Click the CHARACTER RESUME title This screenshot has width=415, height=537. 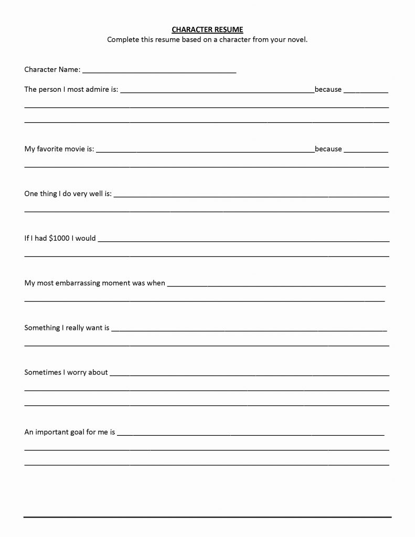click(x=207, y=30)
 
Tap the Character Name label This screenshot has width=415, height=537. click(x=52, y=69)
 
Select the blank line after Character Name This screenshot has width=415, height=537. click(x=159, y=71)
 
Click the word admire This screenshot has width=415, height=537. click(x=98, y=89)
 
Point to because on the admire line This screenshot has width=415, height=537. click(x=328, y=89)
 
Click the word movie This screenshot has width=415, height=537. click(x=71, y=149)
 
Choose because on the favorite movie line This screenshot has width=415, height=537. click(x=328, y=149)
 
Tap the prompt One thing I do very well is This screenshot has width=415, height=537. click(x=68, y=194)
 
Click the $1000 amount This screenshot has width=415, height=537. click(x=59, y=238)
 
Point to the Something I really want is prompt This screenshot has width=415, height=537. click(x=67, y=328)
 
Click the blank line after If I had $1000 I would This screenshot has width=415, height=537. click(x=243, y=241)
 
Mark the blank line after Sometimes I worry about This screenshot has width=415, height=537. click(x=249, y=375)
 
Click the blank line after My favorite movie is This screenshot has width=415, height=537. click(x=205, y=152)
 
